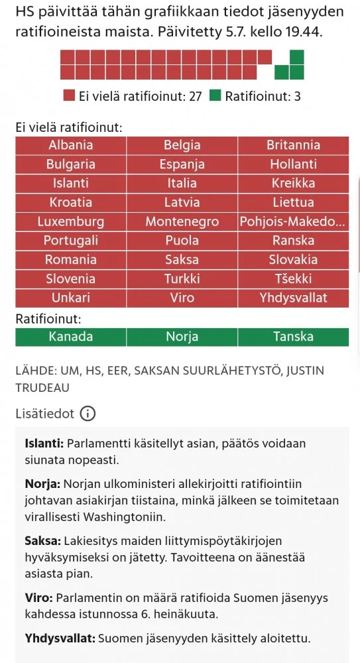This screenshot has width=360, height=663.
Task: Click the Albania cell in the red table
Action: pyautogui.click(x=71, y=145)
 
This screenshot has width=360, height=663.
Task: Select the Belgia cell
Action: pyautogui.click(x=182, y=145)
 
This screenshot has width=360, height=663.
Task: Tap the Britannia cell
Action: pyautogui.click(x=293, y=145)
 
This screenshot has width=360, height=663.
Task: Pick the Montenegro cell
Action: pyautogui.click(x=182, y=221)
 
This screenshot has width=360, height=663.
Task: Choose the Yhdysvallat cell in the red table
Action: pyautogui.click(x=293, y=298)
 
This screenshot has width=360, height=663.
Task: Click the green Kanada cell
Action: pyautogui.click(x=71, y=337)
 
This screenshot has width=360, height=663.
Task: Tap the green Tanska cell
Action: pyautogui.click(x=293, y=337)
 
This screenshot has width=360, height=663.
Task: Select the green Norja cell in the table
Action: pyautogui.click(x=182, y=337)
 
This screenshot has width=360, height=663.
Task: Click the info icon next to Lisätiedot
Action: pyautogui.click(x=88, y=414)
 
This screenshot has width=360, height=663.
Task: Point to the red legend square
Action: pyautogui.click(x=70, y=96)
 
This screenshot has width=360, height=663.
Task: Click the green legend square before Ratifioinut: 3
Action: pyautogui.click(x=215, y=96)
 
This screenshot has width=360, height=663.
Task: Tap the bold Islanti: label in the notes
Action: pyautogui.click(x=43, y=443)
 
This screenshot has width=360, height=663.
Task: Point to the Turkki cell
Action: pyautogui.click(x=182, y=279)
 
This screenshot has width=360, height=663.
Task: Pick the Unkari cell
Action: pyautogui.click(x=71, y=298)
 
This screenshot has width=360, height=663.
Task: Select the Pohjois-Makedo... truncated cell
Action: pyautogui.click(x=293, y=221)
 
